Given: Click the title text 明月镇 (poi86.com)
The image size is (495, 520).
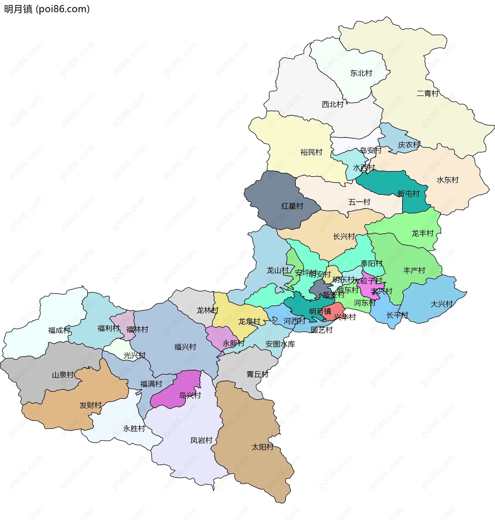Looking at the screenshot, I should pos(47,9).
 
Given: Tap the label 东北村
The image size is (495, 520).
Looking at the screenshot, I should pos(361,73).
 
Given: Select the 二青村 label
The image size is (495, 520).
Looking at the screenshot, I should pos(427,93).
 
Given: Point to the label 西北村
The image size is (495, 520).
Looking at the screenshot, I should pos(333,104).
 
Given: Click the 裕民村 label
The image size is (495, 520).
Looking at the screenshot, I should pos(311,152).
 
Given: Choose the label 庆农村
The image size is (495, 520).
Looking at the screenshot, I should pos(409,145).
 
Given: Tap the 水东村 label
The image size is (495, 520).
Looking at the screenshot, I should pos(448,180).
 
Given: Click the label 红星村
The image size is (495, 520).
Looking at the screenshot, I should pos(292,206).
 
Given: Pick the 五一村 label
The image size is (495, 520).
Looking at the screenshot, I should pos(359,202).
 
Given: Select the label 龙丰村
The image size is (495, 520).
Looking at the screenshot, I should pos(423,233).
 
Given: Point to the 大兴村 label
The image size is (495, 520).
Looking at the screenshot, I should pos(441,304).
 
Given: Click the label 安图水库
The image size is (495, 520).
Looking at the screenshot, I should pos(280,344).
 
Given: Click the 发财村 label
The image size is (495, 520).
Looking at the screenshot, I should pos(90,405).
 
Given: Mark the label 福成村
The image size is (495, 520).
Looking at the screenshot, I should pos(59,330).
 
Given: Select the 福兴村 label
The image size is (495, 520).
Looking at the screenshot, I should pos(185,347).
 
